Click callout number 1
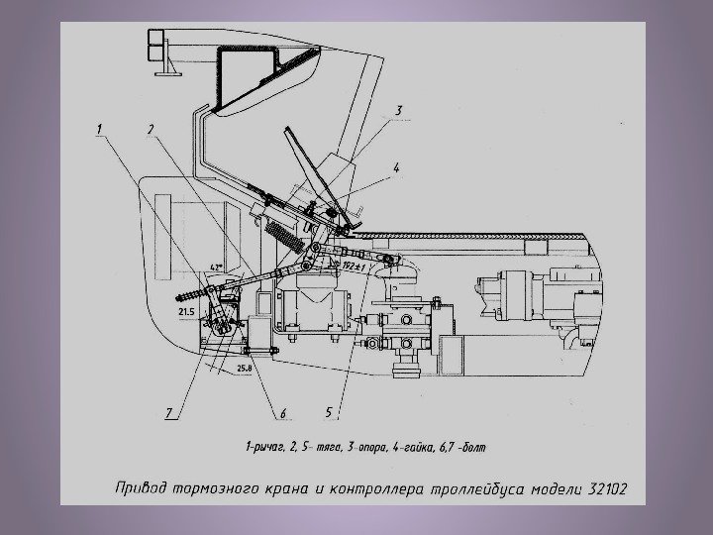pyautogui.click(x=100, y=128)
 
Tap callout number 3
pyautogui.click(x=397, y=111)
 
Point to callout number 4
pyautogui.click(x=396, y=167)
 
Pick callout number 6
pyautogui.click(x=281, y=413)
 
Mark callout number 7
pyautogui.click(x=170, y=412)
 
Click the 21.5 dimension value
pyautogui.click(x=187, y=311)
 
